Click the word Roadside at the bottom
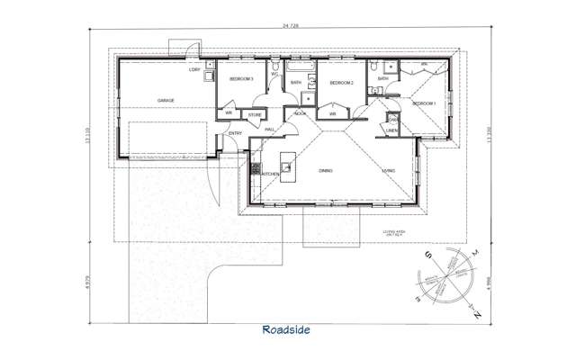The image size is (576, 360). (287, 329)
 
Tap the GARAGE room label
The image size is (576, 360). (166, 100)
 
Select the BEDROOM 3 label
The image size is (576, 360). (241, 79)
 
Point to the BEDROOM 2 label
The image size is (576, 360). (341, 84)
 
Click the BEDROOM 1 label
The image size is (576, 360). (424, 104)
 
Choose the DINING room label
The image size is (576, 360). (327, 170)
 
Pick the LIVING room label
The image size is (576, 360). (389, 170)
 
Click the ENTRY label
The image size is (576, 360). (235, 134)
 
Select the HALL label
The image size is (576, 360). (269, 130)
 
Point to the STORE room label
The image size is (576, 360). (255, 114)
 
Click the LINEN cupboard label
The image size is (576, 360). (391, 130)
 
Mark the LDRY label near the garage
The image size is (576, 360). (193, 69)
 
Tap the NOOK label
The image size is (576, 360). (300, 113)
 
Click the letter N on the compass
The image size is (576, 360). (477, 314)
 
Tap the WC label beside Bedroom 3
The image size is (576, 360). (274, 74)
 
